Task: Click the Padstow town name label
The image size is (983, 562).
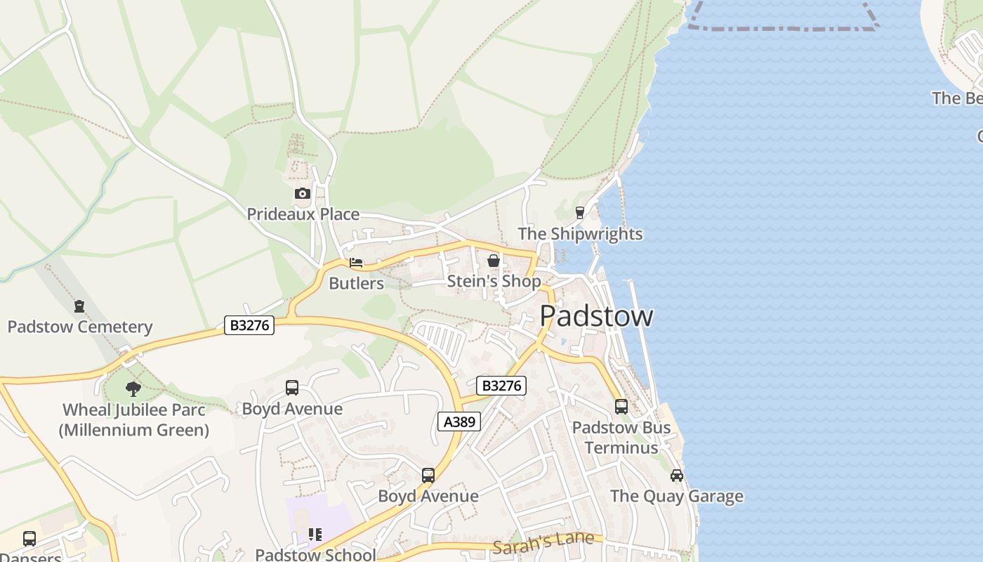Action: tap(596, 316)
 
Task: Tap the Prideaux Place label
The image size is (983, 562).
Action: tap(303, 214)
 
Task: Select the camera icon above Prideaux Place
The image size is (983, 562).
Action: tap(302, 193)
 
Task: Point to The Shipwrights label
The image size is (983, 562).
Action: tap(580, 234)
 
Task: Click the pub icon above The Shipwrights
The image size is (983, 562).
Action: tap(580, 212)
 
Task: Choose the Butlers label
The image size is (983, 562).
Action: tap(356, 284)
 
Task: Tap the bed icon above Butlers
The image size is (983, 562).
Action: tap(356, 263)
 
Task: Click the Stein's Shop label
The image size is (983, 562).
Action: tap(494, 282)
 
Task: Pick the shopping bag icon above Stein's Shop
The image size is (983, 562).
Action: tap(494, 261)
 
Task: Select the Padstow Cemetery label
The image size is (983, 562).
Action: tap(79, 327)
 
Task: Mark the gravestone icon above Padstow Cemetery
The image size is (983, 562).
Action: tap(79, 306)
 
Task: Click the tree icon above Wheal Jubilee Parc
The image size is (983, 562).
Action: tap(133, 388)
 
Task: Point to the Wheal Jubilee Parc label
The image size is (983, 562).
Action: tap(133, 419)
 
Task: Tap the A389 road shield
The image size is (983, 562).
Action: tap(459, 421)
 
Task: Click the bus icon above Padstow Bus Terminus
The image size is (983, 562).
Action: tap(621, 406)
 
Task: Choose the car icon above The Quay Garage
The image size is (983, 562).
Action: tap(677, 475)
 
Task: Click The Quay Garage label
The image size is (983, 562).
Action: tap(677, 496)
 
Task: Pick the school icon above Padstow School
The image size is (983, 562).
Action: tap(315, 535)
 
